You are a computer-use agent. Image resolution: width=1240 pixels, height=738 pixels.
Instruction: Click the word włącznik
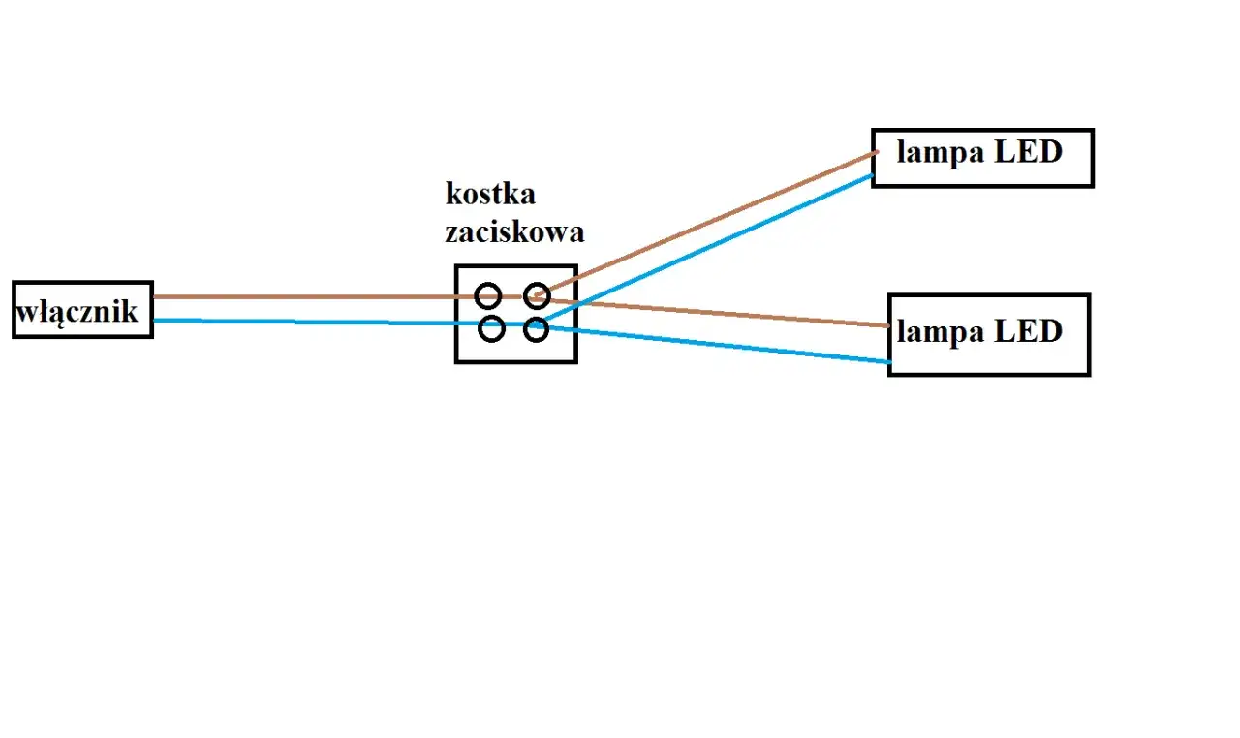point(77,312)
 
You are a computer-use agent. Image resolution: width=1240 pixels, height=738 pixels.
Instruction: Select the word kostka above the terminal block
point(490,194)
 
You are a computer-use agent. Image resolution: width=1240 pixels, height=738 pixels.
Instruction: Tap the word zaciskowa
point(514,232)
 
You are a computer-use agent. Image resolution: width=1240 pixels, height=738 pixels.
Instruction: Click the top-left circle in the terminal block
point(488,296)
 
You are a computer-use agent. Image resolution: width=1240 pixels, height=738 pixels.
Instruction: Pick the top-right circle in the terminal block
point(537,296)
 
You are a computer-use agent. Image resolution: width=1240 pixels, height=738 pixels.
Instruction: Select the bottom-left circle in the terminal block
point(492,329)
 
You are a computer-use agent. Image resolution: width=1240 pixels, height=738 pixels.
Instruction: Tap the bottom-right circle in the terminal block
point(537,330)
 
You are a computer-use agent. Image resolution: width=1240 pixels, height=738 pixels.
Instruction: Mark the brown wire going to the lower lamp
point(727,314)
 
